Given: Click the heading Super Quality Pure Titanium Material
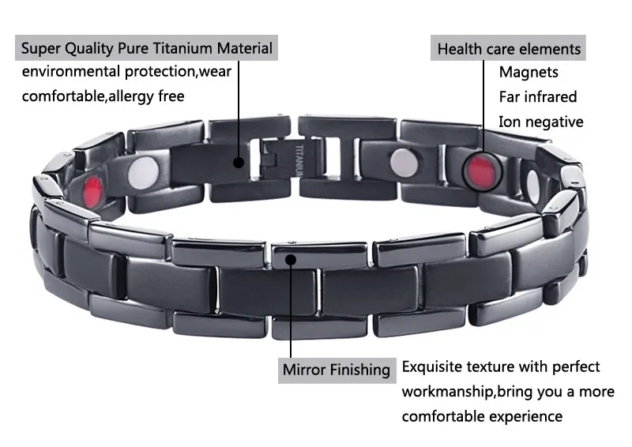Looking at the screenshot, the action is pyautogui.click(x=147, y=48).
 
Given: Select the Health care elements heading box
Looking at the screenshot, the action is pyautogui.click(x=508, y=48).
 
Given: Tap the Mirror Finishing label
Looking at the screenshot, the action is pyautogui.click(x=337, y=370).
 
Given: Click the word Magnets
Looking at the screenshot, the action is pyautogui.click(x=529, y=72).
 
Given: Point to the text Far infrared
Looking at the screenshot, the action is pyautogui.click(x=538, y=96).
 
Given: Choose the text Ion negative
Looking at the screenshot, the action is pyautogui.click(x=541, y=122).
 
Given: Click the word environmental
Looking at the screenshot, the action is pyautogui.click(x=71, y=71).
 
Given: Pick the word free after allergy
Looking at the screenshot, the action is pyautogui.click(x=171, y=96).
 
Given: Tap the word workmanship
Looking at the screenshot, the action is pyautogui.click(x=447, y=392).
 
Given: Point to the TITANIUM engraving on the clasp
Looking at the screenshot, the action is pyautogui.click(x=299, y=160).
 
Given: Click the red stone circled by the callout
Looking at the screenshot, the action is pyautogui.click(x=481, y=170).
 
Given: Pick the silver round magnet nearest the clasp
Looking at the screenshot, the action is pyautogui.click(x=404, y=163).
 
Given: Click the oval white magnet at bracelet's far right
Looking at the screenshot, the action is pyautogui.click(x=533, y=186).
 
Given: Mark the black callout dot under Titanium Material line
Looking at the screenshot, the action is pyautogui.click(x=239, y=163).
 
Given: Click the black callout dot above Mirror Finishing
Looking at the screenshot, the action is pyautogui.click(x=291, y=259).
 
